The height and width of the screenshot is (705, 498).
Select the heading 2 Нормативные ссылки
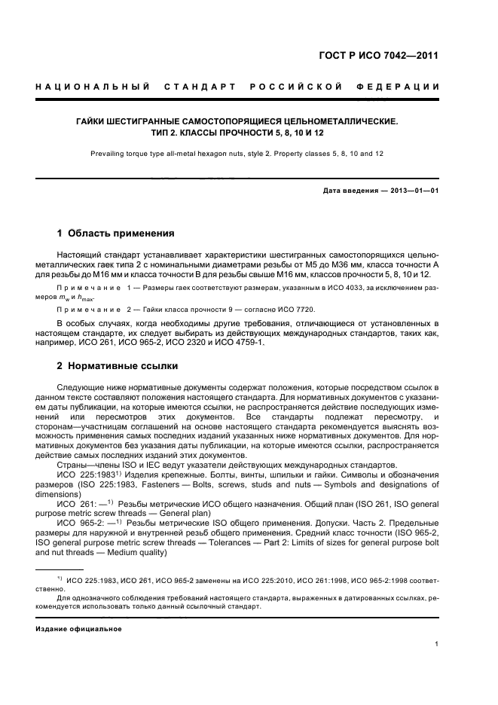[x=118, y=366]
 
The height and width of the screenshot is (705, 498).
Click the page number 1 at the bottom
[x=436, y=644]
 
